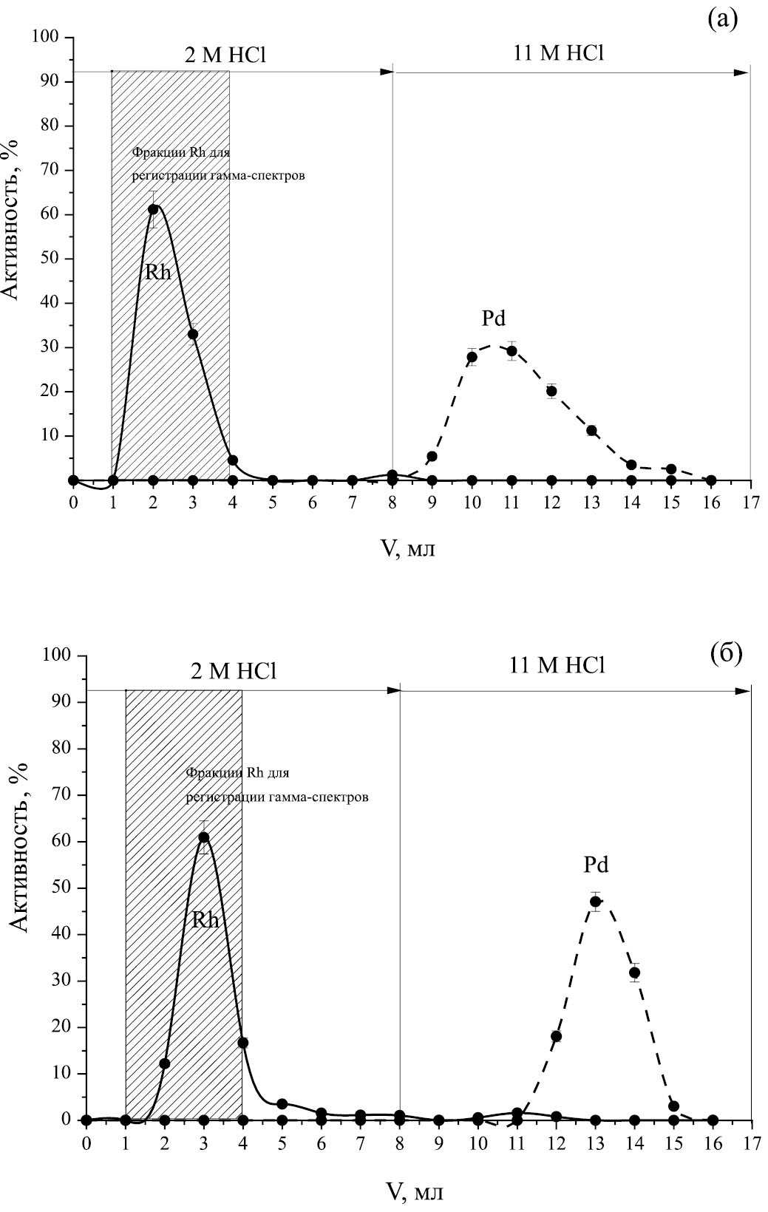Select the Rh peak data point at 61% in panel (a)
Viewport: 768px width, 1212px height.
point(153,209)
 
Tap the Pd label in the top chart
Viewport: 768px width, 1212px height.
point(493,319)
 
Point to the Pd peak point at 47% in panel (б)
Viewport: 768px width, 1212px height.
point(595,901)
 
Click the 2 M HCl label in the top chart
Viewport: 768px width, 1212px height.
point(225,56)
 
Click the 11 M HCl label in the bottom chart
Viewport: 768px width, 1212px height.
point(557,666)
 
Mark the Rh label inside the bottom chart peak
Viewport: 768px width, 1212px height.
point(205,920)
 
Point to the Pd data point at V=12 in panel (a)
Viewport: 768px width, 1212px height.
point(551,391)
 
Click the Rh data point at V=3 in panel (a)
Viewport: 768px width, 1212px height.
point(193,334)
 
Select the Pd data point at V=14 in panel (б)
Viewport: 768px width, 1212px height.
point(634,973)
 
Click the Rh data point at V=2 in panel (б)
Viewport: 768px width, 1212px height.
point(165,1063)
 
